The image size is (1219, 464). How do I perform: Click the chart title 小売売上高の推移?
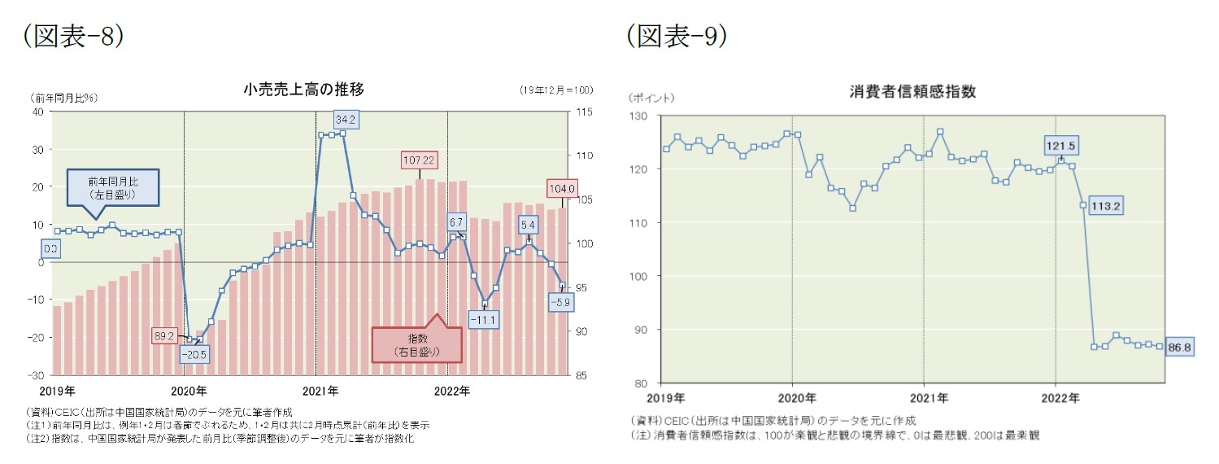point(303,90)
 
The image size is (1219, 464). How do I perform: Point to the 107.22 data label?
point(419,160)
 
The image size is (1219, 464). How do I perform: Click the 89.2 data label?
point(164,335)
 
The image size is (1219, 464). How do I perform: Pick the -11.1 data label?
point(485,320)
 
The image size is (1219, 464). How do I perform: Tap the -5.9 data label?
point(560,302)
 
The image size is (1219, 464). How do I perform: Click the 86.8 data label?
point(1179,348)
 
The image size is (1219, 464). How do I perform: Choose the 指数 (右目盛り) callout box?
point(416,345)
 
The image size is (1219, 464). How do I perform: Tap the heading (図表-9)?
point(677,36)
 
